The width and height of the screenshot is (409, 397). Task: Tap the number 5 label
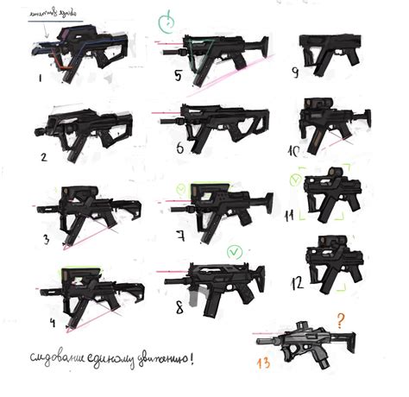coord(177,75)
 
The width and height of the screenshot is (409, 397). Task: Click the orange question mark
coord(342,320)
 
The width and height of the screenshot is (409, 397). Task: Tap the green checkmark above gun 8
coord(231,252)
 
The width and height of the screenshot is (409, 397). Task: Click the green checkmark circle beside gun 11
coord(294,180)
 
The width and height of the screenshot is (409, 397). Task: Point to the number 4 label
coord(53,324)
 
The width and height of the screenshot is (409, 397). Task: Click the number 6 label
coord(179,148)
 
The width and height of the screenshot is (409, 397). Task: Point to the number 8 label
coord(179,306)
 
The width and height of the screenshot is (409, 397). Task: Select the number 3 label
coord(46,238)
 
